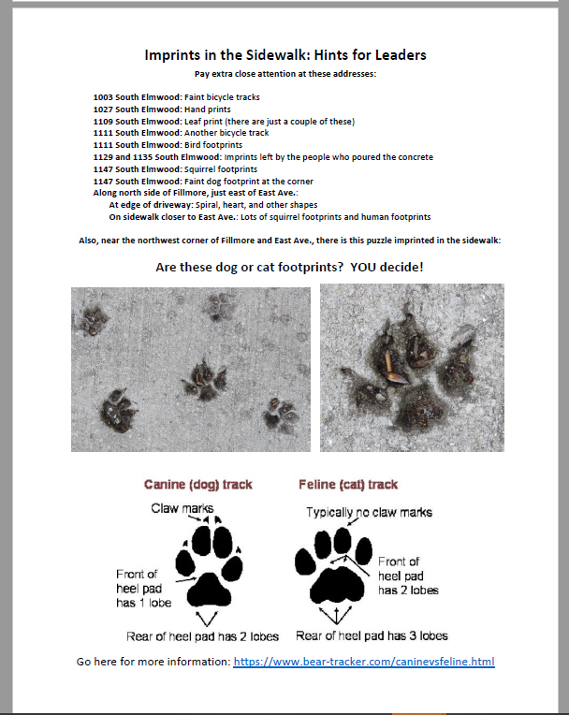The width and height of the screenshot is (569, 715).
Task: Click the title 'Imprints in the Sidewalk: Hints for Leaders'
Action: pos(284,55)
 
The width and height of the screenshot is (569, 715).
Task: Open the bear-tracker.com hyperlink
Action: pos(363,662)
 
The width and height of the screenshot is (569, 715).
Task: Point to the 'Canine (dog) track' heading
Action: pos(197,485)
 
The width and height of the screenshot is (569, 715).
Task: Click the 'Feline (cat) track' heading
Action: pos(348,485)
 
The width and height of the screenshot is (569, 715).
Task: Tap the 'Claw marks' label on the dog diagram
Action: pos(182,508)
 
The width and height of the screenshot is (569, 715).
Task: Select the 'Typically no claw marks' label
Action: pos(356,512)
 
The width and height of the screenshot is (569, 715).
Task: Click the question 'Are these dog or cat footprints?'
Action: pos(251,267)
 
